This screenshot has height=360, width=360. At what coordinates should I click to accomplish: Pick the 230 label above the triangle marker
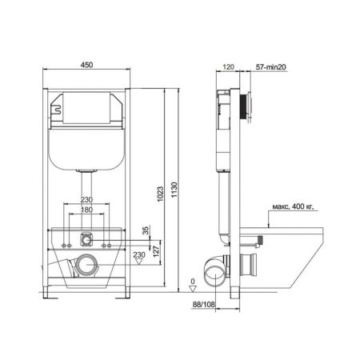[138, 254]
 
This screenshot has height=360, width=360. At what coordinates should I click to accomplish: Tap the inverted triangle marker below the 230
[139, 262]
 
